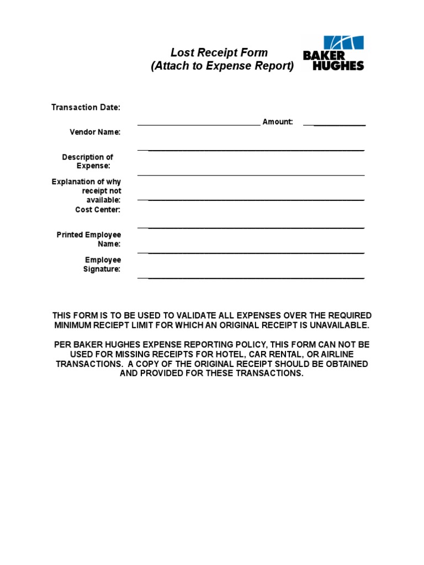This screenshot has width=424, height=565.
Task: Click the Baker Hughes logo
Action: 333,54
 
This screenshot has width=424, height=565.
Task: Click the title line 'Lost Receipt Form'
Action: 219,53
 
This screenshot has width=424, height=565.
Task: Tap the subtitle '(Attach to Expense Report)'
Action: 222,66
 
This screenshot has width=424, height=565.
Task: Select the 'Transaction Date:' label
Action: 86,107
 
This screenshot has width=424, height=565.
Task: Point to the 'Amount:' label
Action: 278,121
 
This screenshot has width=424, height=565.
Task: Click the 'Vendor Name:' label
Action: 95,132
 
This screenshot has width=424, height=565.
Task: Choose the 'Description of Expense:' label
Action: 88,161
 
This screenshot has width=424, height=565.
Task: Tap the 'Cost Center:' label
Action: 98,210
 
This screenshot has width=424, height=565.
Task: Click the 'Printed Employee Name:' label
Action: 89,239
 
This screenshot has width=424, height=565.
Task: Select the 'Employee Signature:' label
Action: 102,264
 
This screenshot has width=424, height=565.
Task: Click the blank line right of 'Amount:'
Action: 335,126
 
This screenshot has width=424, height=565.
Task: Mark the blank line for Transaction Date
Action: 199,126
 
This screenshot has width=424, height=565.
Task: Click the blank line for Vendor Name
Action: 251,150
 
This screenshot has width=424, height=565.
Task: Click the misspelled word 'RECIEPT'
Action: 116,326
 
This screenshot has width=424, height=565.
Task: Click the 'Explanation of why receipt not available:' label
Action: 87,190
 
